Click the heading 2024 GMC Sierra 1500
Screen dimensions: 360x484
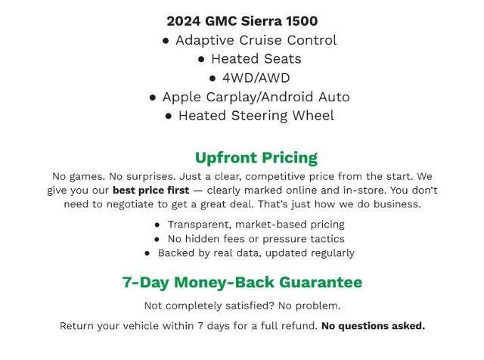coord(242,21)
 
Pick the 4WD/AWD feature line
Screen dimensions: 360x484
coord(256,78)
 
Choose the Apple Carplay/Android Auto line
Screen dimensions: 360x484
coord(256,97)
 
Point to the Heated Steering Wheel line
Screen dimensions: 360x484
coord(256,116)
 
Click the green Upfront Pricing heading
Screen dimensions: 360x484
coord(256,157)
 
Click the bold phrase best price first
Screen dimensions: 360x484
coord(150,191)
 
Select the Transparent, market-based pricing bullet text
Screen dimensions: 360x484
coord(256,225)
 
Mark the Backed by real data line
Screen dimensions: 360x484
coord(256,253)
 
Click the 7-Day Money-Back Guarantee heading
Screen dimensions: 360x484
coord(242,282)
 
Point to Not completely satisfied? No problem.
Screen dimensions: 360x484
coord(242,306)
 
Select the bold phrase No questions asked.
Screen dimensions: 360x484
coord(373,326)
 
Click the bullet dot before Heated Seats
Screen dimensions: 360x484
coord(202,59)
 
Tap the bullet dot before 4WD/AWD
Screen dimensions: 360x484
coord(213,78)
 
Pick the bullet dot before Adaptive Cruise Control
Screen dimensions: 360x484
coord(166,40)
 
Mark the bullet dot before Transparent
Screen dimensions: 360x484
coord(157,225)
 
